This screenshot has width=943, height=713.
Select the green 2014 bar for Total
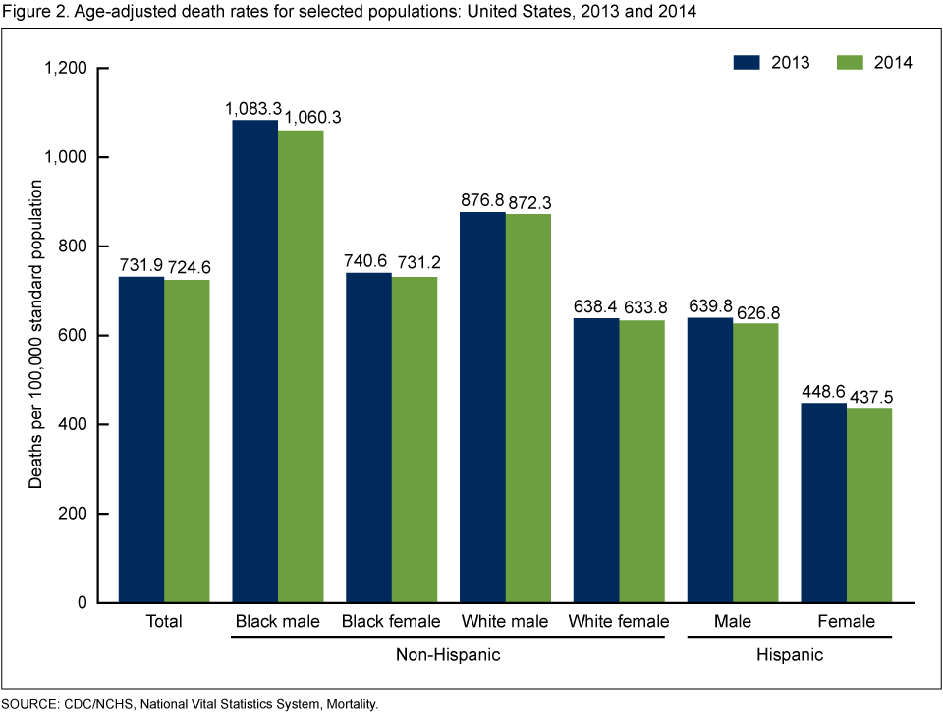tap(187, 441)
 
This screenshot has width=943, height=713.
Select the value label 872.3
tap(531, 202)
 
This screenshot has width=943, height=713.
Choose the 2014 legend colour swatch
tap(851, 62)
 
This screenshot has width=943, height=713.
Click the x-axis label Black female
tap(391, 622)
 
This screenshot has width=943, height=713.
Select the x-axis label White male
tap(505, 622)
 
